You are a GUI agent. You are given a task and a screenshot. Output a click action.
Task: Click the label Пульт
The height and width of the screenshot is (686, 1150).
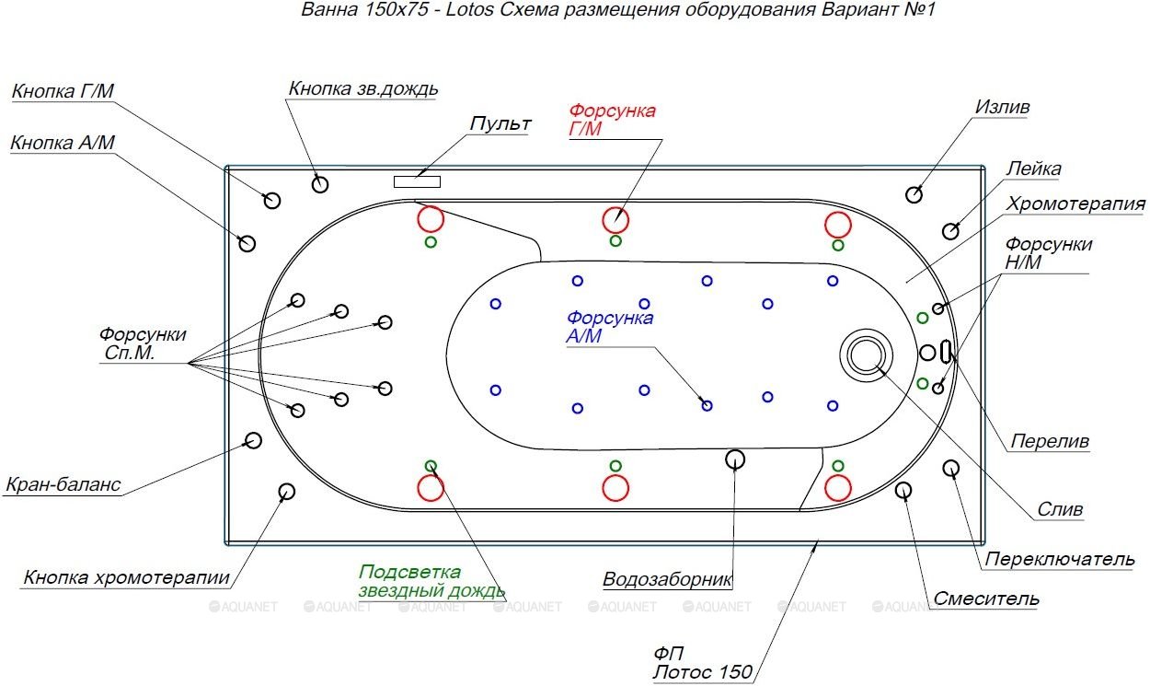pos(500,123)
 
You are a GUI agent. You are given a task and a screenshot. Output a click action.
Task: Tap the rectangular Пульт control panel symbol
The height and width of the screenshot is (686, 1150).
pos(417,181)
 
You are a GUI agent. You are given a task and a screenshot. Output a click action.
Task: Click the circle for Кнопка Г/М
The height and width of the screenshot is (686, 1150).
pos(272,201)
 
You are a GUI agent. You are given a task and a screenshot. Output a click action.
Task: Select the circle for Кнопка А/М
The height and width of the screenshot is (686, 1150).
pos(247,243)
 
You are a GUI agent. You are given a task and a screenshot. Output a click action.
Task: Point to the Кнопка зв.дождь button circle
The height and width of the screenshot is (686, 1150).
pos(320,184)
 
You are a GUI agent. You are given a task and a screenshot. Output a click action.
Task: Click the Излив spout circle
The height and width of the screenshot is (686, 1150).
pos(914,194)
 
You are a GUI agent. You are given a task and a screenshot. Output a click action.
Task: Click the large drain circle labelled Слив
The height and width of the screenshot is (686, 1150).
pos(865,355)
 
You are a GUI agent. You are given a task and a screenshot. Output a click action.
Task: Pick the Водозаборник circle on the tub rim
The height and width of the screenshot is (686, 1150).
pos(734,458)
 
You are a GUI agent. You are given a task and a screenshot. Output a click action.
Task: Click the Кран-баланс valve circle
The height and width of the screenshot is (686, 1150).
pos(253,440)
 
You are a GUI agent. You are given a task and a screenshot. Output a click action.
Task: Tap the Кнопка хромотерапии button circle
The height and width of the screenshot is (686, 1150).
pos(287,491)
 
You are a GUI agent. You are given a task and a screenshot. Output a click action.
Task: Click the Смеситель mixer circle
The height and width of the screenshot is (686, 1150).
pos(903,489)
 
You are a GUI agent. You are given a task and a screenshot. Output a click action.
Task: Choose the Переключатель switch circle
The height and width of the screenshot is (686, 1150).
pos(951,469)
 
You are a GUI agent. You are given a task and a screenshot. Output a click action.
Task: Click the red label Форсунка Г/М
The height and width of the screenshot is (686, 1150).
pos(612,120)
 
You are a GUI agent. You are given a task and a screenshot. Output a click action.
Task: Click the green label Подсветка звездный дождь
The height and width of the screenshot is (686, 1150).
pos(431,581)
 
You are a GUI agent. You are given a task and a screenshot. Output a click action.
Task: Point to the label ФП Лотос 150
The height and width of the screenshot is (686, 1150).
pos(702,662)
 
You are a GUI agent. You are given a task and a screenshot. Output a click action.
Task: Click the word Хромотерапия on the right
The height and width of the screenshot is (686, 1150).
pos(1075,203)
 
